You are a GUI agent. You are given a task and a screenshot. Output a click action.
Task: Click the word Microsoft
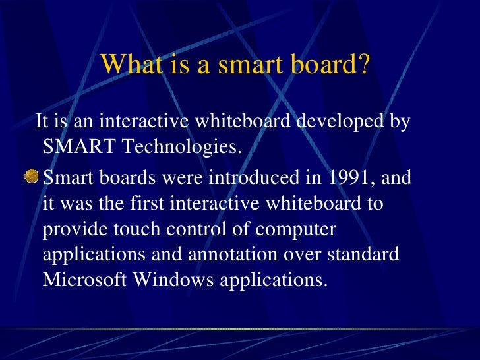tap(85, 280)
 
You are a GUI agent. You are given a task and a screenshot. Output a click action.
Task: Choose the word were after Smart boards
tap(185, 179)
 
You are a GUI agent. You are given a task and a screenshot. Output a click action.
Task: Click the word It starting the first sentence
tap(42, 122)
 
